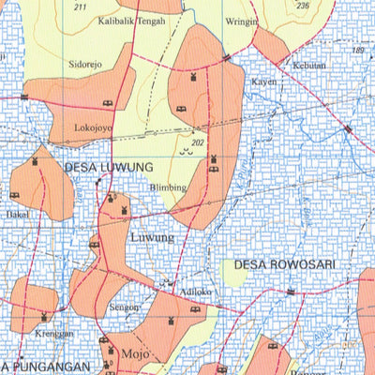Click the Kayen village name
tap(264, 82)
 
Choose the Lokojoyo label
tap(93, 126)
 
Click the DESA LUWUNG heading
tap(109, 167)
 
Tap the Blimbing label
tap(168, 187)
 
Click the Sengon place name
tap(125, 307)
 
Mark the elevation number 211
tap(81, 7)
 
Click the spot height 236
tap(302, 6)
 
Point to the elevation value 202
tap(197, 142)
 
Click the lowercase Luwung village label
tap(152, 238)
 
